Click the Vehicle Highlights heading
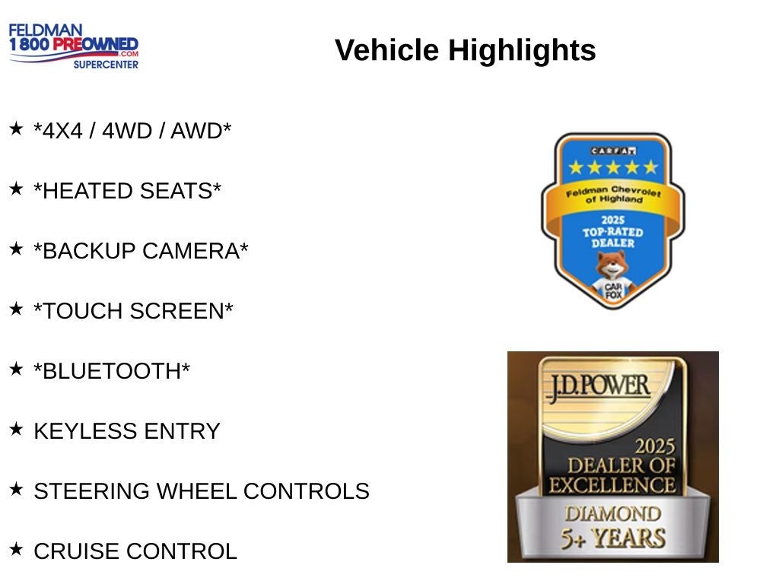click(465, 50)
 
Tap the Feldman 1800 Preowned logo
click(74, 46)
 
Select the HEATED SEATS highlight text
click(127, 191)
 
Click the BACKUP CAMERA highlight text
click(141, 251)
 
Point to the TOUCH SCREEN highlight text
click(133, 311)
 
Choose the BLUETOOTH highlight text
click(112, 371)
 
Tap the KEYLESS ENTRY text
click(127, 431)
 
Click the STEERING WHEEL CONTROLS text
click(202, 491)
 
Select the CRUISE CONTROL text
click(135, 551)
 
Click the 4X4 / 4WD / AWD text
click(132, 131)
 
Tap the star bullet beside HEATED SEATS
click(16, 189)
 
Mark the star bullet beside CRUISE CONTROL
click(16, 549)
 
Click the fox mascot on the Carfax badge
click(613, 275)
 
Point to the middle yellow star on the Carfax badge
click(613, 167)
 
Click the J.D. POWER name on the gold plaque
click(599, 387)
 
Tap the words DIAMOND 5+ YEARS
click(613, 528)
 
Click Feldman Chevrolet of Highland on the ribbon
click(614, 194)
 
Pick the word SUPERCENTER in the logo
click(106, 65)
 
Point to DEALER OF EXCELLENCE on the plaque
click(612, 475)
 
